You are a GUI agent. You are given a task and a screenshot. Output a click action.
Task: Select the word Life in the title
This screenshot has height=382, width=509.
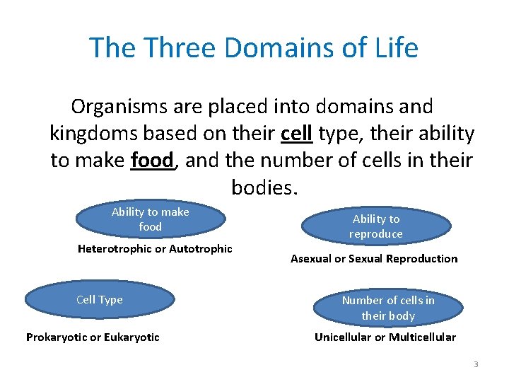[x=393, y=48]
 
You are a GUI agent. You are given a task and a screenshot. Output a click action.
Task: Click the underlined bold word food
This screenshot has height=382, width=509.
[x=152, y=161]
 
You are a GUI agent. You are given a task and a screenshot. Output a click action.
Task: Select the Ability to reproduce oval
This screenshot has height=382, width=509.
[x=376, y=226]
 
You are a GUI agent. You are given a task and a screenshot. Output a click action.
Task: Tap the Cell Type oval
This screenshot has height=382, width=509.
[x=99, y=300]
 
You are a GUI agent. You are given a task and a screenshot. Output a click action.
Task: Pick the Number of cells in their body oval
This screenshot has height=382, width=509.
[x=388, y=308]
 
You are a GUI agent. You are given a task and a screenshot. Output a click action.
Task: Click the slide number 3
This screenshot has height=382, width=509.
[x=476, y=364]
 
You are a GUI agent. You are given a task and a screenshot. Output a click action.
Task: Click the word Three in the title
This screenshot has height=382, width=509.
[x=178, y=48]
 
